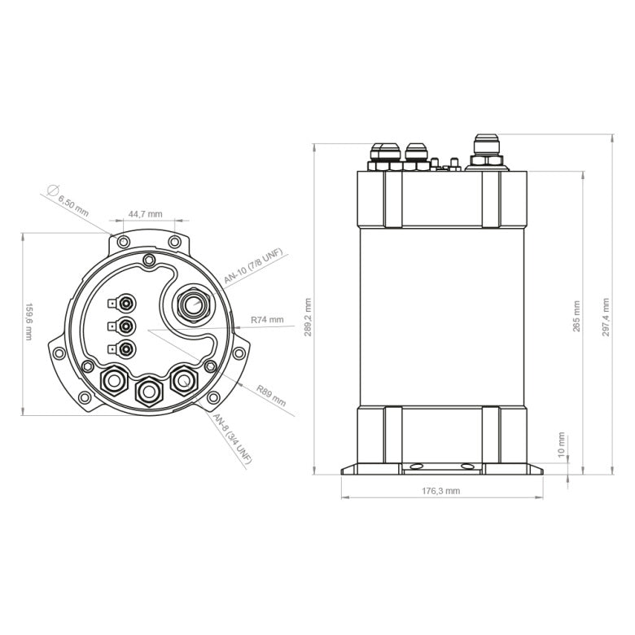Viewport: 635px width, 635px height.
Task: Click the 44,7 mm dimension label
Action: pyautogui.click(x=145, y=214)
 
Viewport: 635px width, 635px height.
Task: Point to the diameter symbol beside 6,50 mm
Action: pyautogui.click(x=53, y=190)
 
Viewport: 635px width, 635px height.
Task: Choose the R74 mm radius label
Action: pyautogui.click(x=267, y=320)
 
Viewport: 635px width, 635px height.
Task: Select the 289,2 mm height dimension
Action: pyautogui.click(x=307, y=317)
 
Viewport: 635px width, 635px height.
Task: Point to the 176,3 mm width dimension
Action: pyautogui.click(x=441, y=491)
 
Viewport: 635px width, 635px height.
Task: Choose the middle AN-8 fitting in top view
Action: pyautogui.click(x=149, y=391)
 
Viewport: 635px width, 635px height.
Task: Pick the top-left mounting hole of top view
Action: pyautogui.click(x=121, y=243)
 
